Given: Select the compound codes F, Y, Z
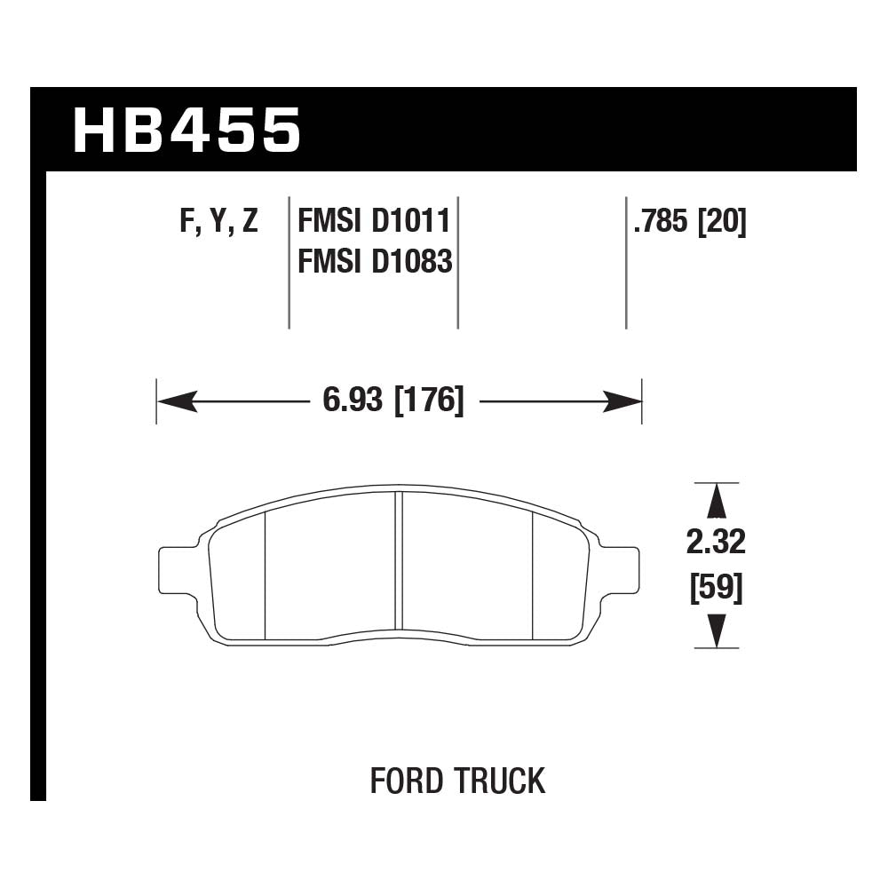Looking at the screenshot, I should coord(218,221).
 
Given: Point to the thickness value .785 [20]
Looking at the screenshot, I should coord(689,221).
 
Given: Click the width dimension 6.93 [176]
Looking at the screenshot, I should coord(393,401).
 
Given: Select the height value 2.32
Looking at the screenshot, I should coord(716,541).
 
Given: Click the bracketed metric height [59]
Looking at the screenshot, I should coord(716,587).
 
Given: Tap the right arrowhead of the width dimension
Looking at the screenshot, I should coord(622,402).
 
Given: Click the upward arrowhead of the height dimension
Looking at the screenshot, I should coord(716,502).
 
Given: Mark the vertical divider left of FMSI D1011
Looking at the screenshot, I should coord(289,262).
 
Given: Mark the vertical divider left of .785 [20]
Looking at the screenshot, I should coord(626,262).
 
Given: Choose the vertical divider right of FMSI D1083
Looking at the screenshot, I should coord(457,262).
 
